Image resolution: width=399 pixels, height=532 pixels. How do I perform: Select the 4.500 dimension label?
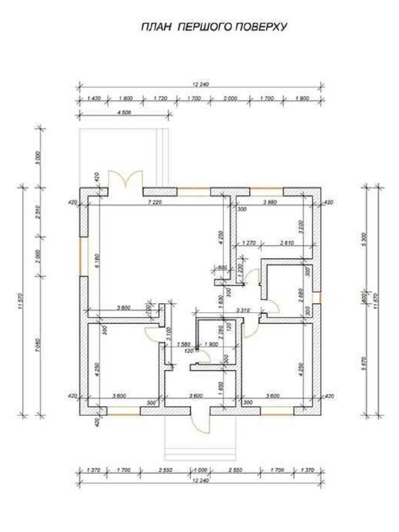click(124, 112)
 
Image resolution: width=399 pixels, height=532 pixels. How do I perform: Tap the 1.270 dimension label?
click(248, 243)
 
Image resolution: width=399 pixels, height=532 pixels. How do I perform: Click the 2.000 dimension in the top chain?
click(230, 98)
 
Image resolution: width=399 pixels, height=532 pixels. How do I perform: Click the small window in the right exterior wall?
click(320, 297)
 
